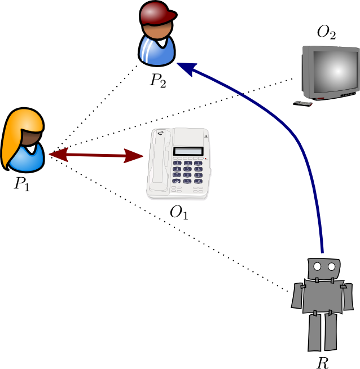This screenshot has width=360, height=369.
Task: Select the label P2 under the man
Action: click(158, 81)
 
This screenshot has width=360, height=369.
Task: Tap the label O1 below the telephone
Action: click(179, 213)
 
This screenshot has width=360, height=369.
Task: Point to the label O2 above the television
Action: click(327, 32)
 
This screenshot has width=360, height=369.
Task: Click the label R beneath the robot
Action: click(323, 362)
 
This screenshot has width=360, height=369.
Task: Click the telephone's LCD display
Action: click(188, 151)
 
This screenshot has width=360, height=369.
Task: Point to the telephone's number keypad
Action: click(188, 172)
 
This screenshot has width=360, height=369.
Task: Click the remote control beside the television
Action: click(303, 103)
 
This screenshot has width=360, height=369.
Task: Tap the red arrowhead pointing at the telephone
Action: click(135, 156)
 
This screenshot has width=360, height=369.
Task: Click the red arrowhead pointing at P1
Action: click(56, 153)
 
